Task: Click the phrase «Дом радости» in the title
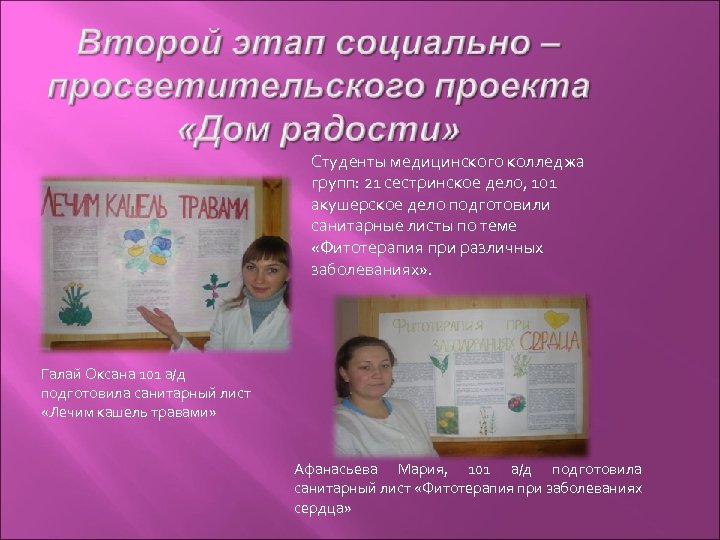coord(320,130)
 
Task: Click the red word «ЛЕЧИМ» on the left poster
coord(70,204)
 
